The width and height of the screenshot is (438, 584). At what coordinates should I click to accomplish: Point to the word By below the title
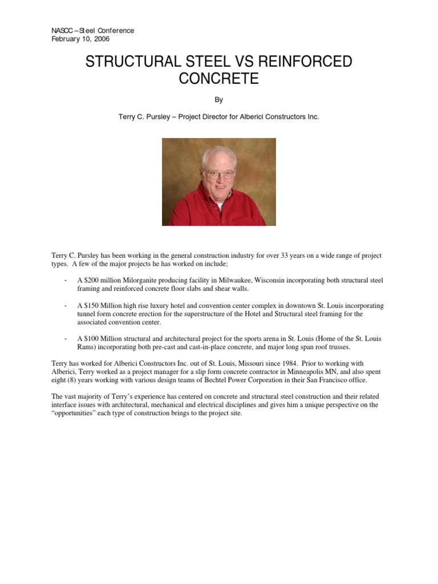point(219,99)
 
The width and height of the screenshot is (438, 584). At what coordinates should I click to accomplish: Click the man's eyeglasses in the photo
point(220,173)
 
